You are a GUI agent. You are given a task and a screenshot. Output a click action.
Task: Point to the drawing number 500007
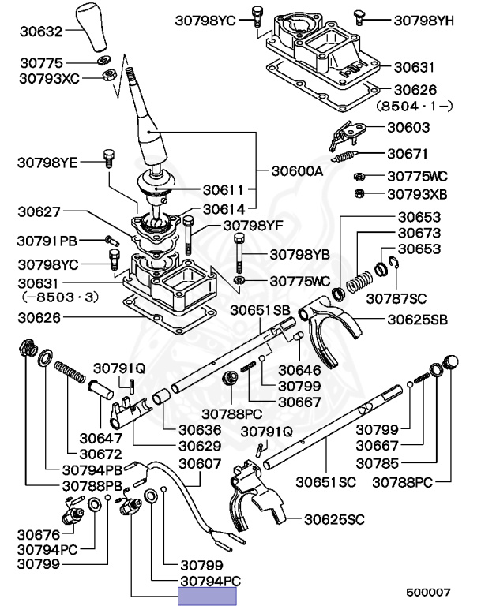tap(429, 591)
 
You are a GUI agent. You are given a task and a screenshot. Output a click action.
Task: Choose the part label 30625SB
tap(418, 320)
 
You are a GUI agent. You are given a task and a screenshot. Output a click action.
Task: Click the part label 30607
tap(200, 464)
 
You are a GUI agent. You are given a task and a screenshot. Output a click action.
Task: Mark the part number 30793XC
tap(49, 78)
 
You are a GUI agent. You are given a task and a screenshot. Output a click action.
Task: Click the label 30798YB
tap(299, 254)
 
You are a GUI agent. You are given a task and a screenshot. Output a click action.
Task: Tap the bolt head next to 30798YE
tap(108, 155)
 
